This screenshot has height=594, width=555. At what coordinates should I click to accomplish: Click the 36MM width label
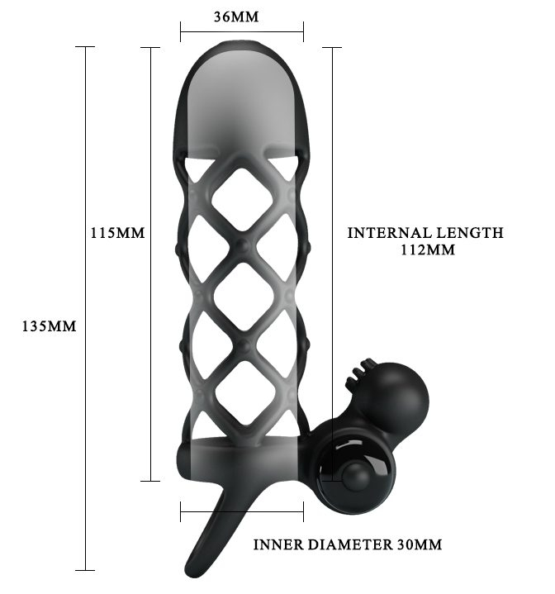point(236,17)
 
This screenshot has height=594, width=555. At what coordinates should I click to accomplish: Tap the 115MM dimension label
point(118,233)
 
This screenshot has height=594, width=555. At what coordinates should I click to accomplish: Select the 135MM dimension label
point(50,326)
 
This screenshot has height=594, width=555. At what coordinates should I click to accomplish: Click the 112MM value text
point(428,250)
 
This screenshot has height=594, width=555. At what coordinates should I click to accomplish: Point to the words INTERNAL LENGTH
point(425,233)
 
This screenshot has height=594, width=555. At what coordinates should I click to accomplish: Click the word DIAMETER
point(350,544)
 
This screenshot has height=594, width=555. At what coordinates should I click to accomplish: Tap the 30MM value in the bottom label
point(420,544)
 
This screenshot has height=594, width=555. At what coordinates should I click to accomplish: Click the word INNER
point(278,544)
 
